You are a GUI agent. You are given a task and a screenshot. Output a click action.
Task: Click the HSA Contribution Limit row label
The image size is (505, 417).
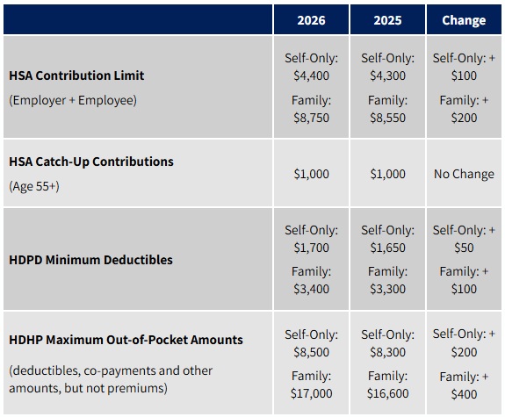(x=76, y=75)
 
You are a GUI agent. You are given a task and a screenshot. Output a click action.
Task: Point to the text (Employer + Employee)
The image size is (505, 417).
(x=73, y=100)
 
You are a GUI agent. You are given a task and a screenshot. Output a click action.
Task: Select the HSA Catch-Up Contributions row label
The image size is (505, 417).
(x=91, y=162)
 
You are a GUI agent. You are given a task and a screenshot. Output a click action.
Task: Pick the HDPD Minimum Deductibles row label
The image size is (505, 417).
(x=91, y=260)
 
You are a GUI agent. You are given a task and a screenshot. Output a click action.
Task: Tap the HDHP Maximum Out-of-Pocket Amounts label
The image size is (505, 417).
(x=126, y=340)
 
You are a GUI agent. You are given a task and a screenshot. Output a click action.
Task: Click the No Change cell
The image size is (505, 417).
(x=464, y=174)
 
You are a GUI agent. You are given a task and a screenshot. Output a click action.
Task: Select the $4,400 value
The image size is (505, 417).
(x=311, y=75)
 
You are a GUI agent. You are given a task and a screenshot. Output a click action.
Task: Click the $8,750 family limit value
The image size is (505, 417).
(x=311, y=119)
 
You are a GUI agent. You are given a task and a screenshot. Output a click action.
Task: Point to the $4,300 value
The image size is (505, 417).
(x=387, y=75)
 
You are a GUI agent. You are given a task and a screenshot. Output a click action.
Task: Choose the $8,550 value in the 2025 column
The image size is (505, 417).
(x=387, y=119)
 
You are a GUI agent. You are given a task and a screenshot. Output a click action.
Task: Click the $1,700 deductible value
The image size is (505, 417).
(x=311, y=248)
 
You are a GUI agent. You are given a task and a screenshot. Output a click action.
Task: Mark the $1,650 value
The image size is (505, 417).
(x=387, y=248)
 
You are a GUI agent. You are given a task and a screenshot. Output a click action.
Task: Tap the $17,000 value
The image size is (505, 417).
(x=311, y=394)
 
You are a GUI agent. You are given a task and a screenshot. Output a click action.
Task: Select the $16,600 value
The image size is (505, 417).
(x=387, y=394)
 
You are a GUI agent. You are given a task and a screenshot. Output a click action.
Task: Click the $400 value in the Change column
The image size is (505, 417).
(x=464, y=394)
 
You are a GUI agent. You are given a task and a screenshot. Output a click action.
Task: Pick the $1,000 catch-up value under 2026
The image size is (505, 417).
(x=311, y=174)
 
